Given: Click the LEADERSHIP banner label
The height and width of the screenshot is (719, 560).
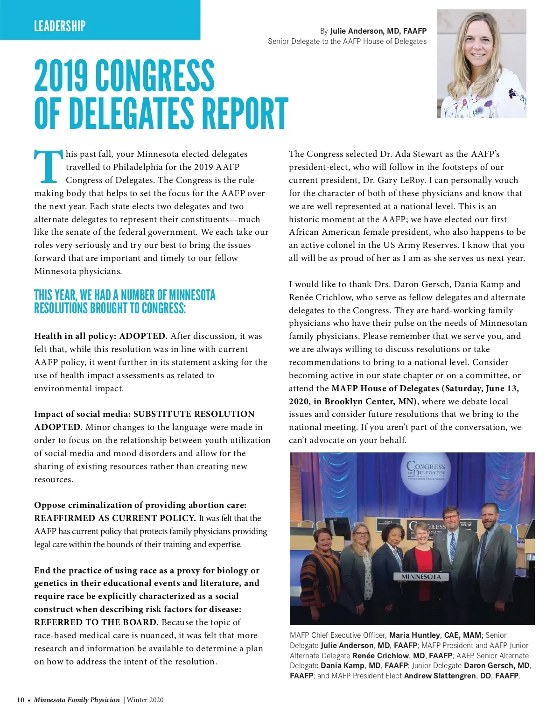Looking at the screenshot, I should click(60, 26).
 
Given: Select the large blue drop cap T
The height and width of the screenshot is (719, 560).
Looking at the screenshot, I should click(48, 167).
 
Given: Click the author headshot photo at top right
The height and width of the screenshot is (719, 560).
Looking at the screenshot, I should click(482, 64).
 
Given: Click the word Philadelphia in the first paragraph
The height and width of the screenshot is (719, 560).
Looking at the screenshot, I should click(143, 167).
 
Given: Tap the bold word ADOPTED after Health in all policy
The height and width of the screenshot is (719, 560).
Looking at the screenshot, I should click(143, 336).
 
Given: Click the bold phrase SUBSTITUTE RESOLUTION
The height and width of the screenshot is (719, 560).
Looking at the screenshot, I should click(194, 414).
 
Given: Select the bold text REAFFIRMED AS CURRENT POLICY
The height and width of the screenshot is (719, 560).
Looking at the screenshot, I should click(115, 518).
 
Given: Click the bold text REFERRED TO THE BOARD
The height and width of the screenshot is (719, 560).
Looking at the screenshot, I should click(95, 622).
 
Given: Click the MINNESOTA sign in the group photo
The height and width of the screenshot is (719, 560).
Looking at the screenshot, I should click(421, 577).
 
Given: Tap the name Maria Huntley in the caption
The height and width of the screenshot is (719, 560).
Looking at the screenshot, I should click(414, 635).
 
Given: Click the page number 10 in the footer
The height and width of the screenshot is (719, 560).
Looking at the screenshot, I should click(21, 700).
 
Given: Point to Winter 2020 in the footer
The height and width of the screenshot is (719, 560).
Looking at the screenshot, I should click(145, 700).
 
